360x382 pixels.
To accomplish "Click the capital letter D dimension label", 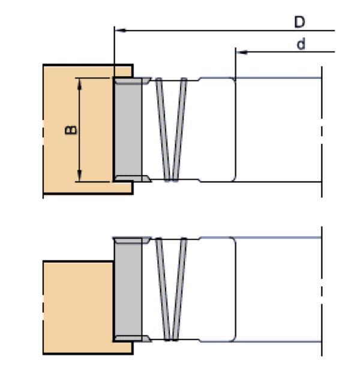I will coord(299,22).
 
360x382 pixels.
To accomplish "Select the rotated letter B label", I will coord(70,130).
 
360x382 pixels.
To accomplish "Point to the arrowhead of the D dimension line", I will coord(119,29).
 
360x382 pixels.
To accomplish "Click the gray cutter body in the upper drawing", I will coord(127,129).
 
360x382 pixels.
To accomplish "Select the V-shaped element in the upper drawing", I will coord(172,129).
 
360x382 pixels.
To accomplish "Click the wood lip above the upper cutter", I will coord(123,71).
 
